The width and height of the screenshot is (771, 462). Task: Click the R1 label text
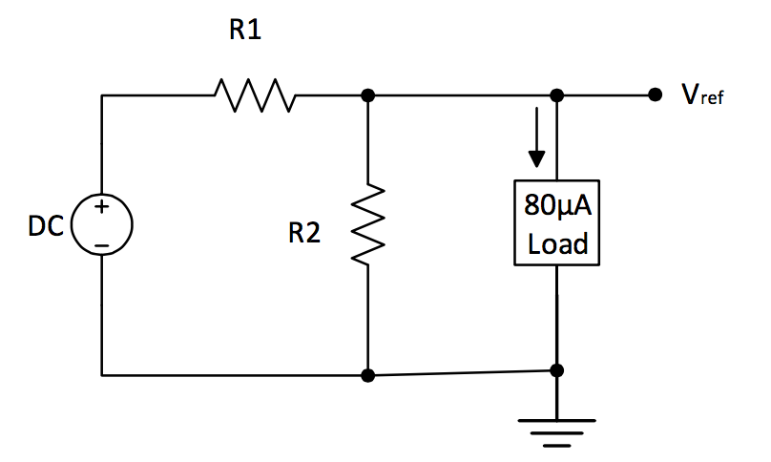(244, 31)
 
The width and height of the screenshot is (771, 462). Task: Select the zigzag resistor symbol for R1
(254, 94)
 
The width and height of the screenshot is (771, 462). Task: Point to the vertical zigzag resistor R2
(368, 224)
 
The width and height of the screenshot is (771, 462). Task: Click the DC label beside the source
(46, 227)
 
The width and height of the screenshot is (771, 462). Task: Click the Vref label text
(702, 96)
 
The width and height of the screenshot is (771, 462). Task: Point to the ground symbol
(557, 430)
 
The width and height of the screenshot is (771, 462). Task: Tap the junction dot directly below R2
(368, 375)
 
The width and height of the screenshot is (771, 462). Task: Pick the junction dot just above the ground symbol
(557, 370)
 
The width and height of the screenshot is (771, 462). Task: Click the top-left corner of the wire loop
(101, 95)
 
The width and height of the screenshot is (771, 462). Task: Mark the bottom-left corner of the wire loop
(101, 375)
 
